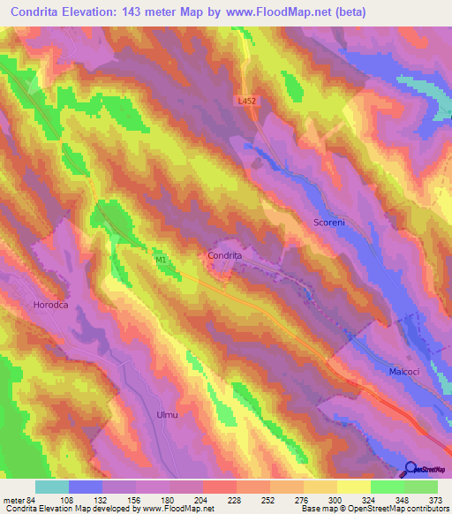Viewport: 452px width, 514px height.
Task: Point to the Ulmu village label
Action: click(x=167, y=414)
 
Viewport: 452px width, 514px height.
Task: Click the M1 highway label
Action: click(x=161, y=261)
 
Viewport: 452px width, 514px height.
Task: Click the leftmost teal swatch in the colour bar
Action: click(x=52, y=488)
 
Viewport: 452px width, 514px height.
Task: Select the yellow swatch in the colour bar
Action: click(x=353, y=488)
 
